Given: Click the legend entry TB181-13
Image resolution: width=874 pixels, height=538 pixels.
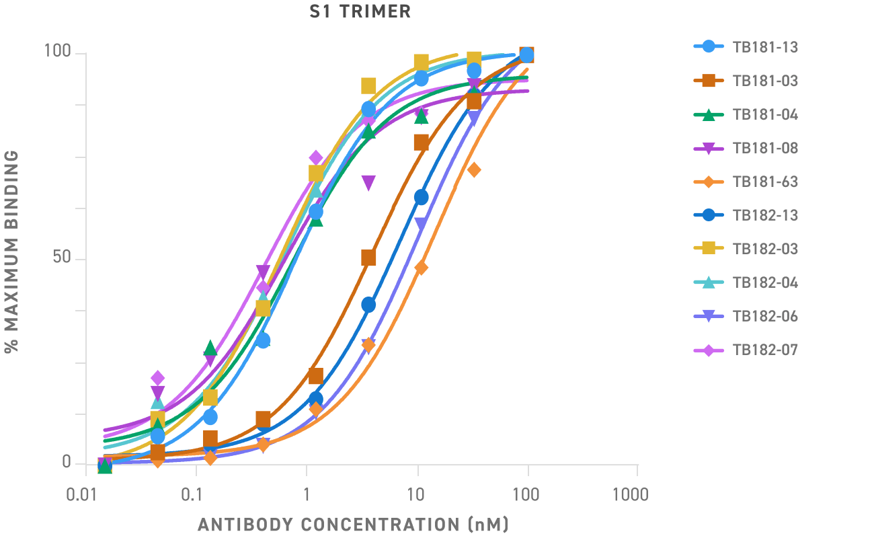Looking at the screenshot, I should (x=765, y=47).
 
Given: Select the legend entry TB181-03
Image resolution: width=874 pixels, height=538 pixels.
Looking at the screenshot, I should (x=765, y=81).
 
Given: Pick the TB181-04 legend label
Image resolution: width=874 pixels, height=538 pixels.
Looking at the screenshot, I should (x=765, y=114).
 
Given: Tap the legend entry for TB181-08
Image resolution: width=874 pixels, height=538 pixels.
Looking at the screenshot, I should (x=765, y=148).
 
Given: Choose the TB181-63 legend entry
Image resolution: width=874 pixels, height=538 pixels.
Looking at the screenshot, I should (x=765, y=182).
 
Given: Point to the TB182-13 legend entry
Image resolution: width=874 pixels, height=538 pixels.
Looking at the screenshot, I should (x=765, y=215).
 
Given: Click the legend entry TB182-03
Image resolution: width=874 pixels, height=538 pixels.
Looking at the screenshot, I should (x=765, y=249).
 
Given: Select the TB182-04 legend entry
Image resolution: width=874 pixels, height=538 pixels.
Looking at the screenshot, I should (x=765, y=282).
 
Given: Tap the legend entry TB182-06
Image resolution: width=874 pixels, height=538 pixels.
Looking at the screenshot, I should (x=765, y=316).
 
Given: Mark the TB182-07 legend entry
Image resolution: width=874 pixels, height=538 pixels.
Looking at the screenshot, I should (x=765, y=350).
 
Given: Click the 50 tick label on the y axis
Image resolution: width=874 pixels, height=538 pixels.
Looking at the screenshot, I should (x=62, y=259).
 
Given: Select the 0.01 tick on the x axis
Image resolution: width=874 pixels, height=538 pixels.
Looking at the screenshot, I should (x=85, y=496).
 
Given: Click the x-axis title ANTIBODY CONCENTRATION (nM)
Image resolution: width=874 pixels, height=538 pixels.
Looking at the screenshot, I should (x=353, y=524).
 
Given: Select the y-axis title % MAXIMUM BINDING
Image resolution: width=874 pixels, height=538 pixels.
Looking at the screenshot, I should (x=11, y=251).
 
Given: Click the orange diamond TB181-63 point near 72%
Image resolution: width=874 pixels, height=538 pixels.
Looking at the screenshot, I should (x=474, y=170).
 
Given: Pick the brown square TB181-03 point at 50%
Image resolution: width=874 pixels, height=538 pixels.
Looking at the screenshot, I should (x=368, y=258).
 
